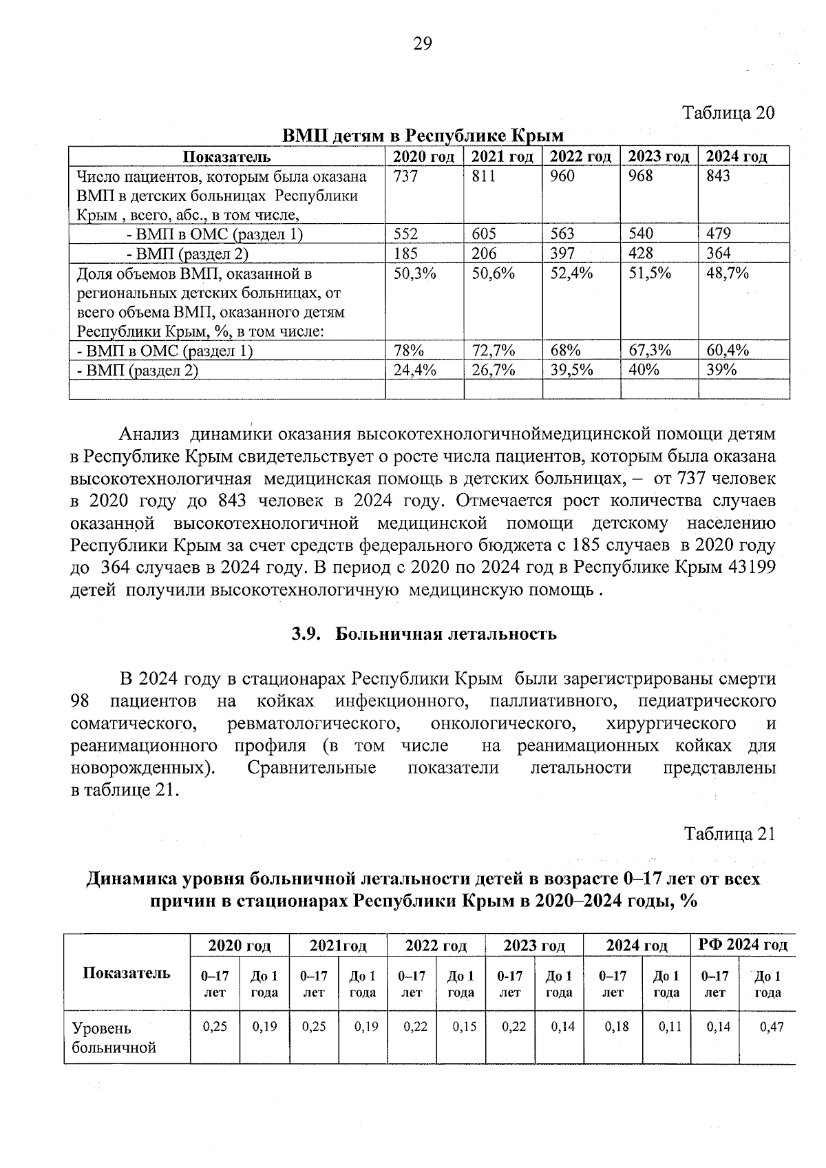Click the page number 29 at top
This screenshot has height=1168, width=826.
pyautogui.click(x=422, y=45)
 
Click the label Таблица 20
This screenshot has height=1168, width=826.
pyautogui.click(x=728, y=112)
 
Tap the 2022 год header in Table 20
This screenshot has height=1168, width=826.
pyautogui.click(x=580, y=157)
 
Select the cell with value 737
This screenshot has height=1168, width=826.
pyautogui.click(x=405, y=176)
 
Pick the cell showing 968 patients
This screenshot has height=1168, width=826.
pyautogui.click(x=641, y=176)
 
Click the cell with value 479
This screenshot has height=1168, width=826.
pyautogui.click(x=719, y=233)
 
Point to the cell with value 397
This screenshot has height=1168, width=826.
pyautogui.click(x=562, y=253)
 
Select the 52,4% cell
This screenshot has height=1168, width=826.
pyautogui.click(x=571, y=273)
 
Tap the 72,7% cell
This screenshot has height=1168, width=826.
pyautogui.click(x=494, y=351)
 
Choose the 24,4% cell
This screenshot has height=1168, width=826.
pyautogui.click(x=414, y=370)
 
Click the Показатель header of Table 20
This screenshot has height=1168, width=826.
pyautogui.click(x=226, y=157)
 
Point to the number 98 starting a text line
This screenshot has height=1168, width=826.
pyautogui.click(x=82, y=701)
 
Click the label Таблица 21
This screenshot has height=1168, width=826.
pyautogui.click(x=729, y=834)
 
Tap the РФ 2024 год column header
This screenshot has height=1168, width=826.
pyautogui.click(x=742, y=945)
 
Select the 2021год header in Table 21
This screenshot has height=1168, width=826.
pyautogui.click(x=338, y=946)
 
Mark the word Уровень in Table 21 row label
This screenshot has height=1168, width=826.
pyautogui.click(x=101, y=1028)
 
